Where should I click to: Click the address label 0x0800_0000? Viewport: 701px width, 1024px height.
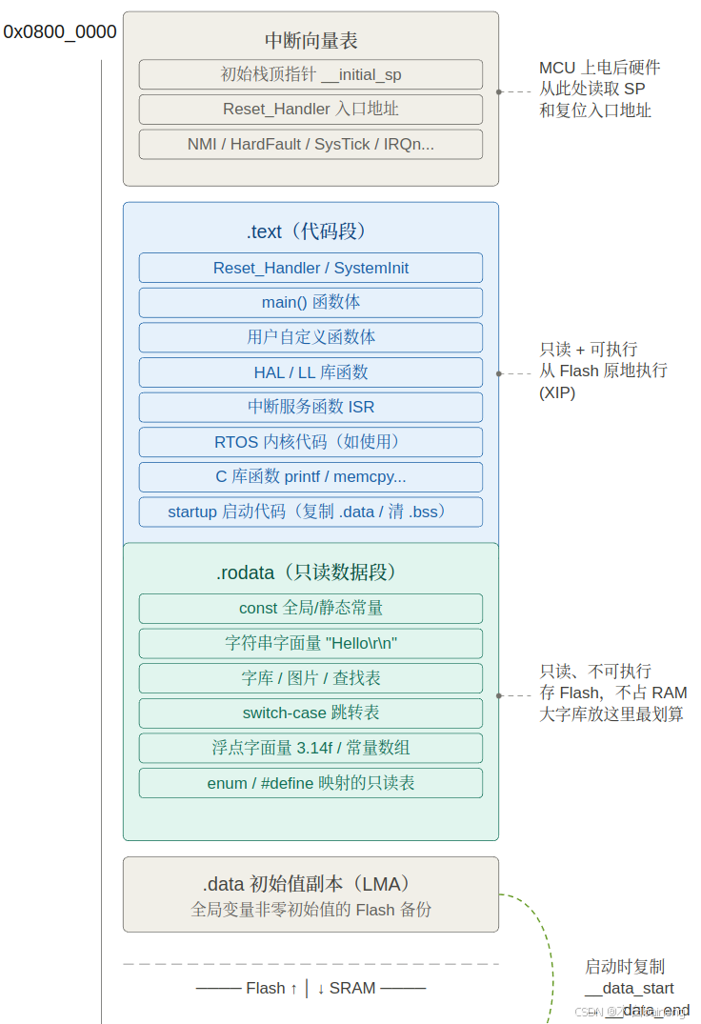[x=60, y=32]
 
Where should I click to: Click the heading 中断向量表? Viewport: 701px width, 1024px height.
[x=310, y=41]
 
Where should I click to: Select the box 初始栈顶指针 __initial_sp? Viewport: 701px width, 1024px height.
[x=310, y=74]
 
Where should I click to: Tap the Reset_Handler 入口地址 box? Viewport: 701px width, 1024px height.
[x=310, y=110]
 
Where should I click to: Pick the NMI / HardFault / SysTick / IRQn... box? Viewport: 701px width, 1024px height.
[x=310, y=145]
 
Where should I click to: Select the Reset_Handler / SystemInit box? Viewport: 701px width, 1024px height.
[x=310, y=268]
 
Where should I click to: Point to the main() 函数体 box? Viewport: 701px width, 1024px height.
[x=310, y=303]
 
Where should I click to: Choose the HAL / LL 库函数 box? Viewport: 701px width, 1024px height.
[x=310, y=372]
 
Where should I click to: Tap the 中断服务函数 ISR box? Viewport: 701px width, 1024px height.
[x=310, y=407]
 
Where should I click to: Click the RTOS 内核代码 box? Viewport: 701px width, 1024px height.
[x=310, y=442]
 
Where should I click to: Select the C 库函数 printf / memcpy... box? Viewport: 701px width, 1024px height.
[x=310, y=476]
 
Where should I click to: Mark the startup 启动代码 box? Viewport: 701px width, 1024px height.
[x=310, y=512]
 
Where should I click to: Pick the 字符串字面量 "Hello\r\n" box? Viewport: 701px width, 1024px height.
[x=310, y=643]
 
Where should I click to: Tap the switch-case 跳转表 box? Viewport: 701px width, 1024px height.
[x=310, y=713]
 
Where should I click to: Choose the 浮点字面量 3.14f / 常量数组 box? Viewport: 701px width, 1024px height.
[x=310, y=748]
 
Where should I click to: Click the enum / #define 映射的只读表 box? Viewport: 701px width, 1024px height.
[x=310, y=783]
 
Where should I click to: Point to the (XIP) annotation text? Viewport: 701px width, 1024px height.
[x=557, y=392]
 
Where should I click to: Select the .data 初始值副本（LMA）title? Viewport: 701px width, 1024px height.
[x=310, y=884]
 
